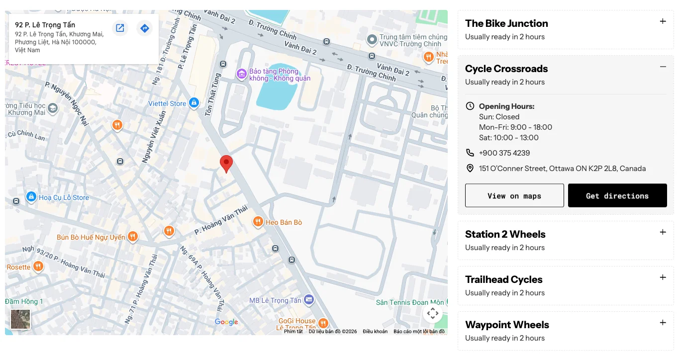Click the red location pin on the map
[x=226, y=163]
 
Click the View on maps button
[x=514, y=195]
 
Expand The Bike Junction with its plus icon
[x=663, y=21]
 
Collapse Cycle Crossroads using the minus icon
[x=663, y=67]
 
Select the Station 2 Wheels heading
[x=505, y=234]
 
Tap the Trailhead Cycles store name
[x=503, y=279]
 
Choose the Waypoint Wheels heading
[x=507, y=325]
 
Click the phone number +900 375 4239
[x=504, y=153]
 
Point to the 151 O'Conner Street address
[x=562, y=169]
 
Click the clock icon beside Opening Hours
[x=470, y=106]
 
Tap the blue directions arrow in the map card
[x=144, y=28]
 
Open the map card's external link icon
[x=120, y=28]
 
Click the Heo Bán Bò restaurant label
[x=284, y=222]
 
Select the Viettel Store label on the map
[x=167, y=103]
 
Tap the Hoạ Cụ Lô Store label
[x=64, y=197]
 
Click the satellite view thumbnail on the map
[x=20, y=319]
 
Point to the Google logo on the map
[x=226, y=322]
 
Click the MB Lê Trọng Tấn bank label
[x=275, y=300]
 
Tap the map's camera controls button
[x=433, y=313]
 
